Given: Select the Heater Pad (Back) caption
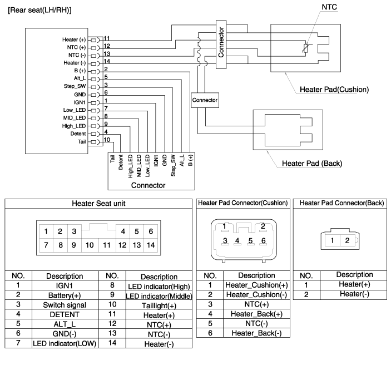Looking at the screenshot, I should (x=311, y=163).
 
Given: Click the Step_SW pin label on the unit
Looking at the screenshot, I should (x=77, y=86).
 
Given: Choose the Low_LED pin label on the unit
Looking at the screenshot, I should (x=76, y=110).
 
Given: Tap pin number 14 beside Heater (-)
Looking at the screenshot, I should (x=107, y=62).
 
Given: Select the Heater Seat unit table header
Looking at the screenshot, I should (x=98, y=204).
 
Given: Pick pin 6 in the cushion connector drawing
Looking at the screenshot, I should (x=264, y=241).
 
